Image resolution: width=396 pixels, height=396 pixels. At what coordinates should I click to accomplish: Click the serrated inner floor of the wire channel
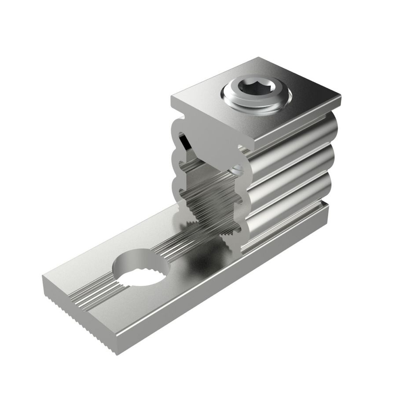click(x=211, y=207)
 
